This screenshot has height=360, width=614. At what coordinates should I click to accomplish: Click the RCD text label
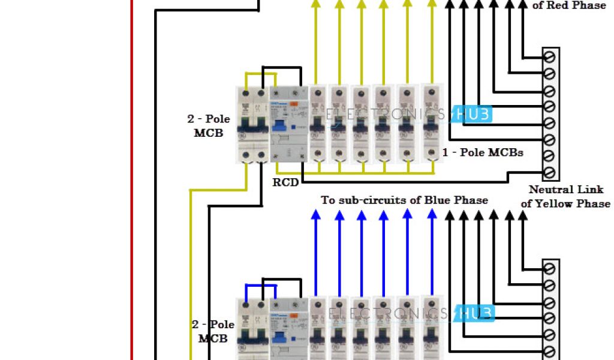tap(285, 182)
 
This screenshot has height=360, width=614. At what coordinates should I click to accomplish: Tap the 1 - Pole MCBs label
tap(483, 152)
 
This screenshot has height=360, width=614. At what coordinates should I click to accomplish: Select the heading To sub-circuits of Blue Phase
tap(405, 200)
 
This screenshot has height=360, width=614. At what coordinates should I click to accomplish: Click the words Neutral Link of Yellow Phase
tap(565, 196)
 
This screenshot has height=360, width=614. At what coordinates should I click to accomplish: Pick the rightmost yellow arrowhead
tap(431, 4)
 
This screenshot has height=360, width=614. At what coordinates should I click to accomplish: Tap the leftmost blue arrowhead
tap(315, 214)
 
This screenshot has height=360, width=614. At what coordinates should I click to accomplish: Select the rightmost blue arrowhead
tap(431, 214)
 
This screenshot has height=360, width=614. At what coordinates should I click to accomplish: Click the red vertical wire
tap(132, 180)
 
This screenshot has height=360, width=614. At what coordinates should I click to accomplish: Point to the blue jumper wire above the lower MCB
tap(260, 286)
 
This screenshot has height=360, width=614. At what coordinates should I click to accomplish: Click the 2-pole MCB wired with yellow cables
tap(253, 125)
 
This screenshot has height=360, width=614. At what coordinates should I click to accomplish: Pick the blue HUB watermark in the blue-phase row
tap(474, 313)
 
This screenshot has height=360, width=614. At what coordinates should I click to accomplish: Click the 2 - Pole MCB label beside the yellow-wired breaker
tap(208, 126)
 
